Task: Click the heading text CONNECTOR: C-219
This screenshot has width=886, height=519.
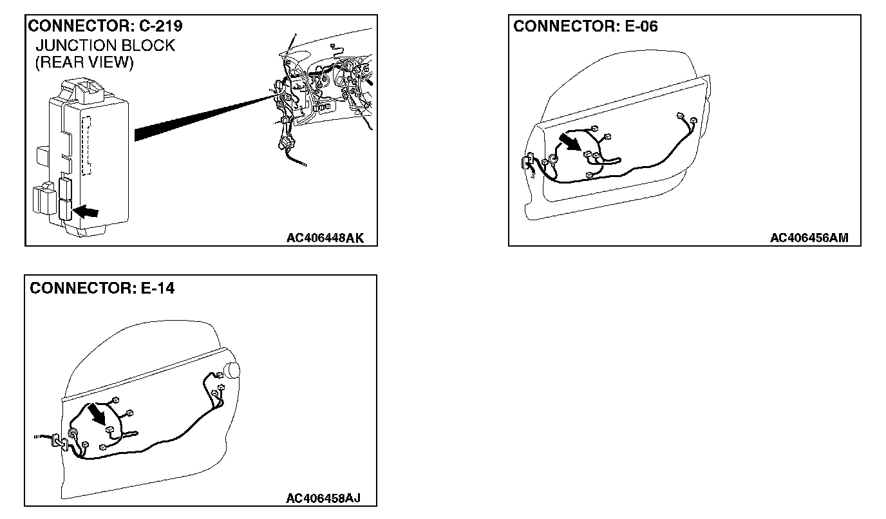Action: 106,26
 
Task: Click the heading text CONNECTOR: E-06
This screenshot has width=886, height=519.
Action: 585,26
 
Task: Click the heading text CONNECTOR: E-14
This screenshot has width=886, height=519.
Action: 102,288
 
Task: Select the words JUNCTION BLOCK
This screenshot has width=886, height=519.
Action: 105,46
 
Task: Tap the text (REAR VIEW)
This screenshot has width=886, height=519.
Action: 84,63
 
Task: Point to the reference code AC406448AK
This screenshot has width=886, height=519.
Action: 325,238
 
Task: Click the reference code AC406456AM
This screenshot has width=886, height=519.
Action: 809,238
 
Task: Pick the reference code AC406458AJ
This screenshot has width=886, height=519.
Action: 323,498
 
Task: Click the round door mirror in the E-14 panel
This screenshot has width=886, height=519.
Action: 230,370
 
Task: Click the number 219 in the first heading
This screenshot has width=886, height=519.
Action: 167,26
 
